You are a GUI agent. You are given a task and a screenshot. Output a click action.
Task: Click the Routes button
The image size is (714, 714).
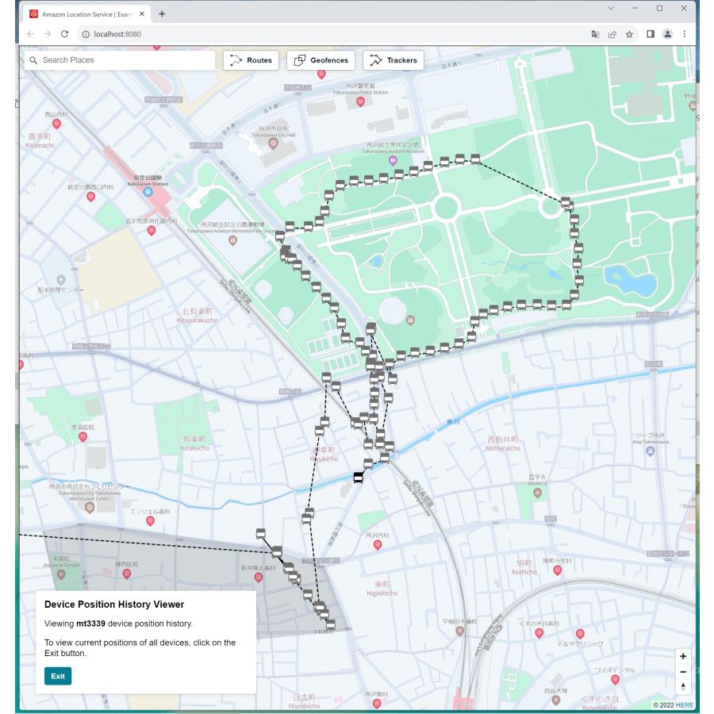pos(250,60)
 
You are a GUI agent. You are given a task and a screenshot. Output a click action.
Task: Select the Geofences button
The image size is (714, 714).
pos(321,60)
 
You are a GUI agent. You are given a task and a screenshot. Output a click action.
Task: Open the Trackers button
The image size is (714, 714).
pos(393,60)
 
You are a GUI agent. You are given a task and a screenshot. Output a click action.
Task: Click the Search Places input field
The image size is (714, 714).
pos(119,60)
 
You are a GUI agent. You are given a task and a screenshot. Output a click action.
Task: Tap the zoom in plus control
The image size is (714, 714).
pos(683,656)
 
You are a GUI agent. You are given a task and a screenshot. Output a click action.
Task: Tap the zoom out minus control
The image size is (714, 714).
pos(683,672)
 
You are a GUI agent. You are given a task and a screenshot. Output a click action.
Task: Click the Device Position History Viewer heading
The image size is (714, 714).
pos(114,605)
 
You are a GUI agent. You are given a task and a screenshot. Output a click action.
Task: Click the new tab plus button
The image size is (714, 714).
pos(162,14)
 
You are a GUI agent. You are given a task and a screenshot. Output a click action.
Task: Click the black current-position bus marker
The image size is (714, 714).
pos(358,477)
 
